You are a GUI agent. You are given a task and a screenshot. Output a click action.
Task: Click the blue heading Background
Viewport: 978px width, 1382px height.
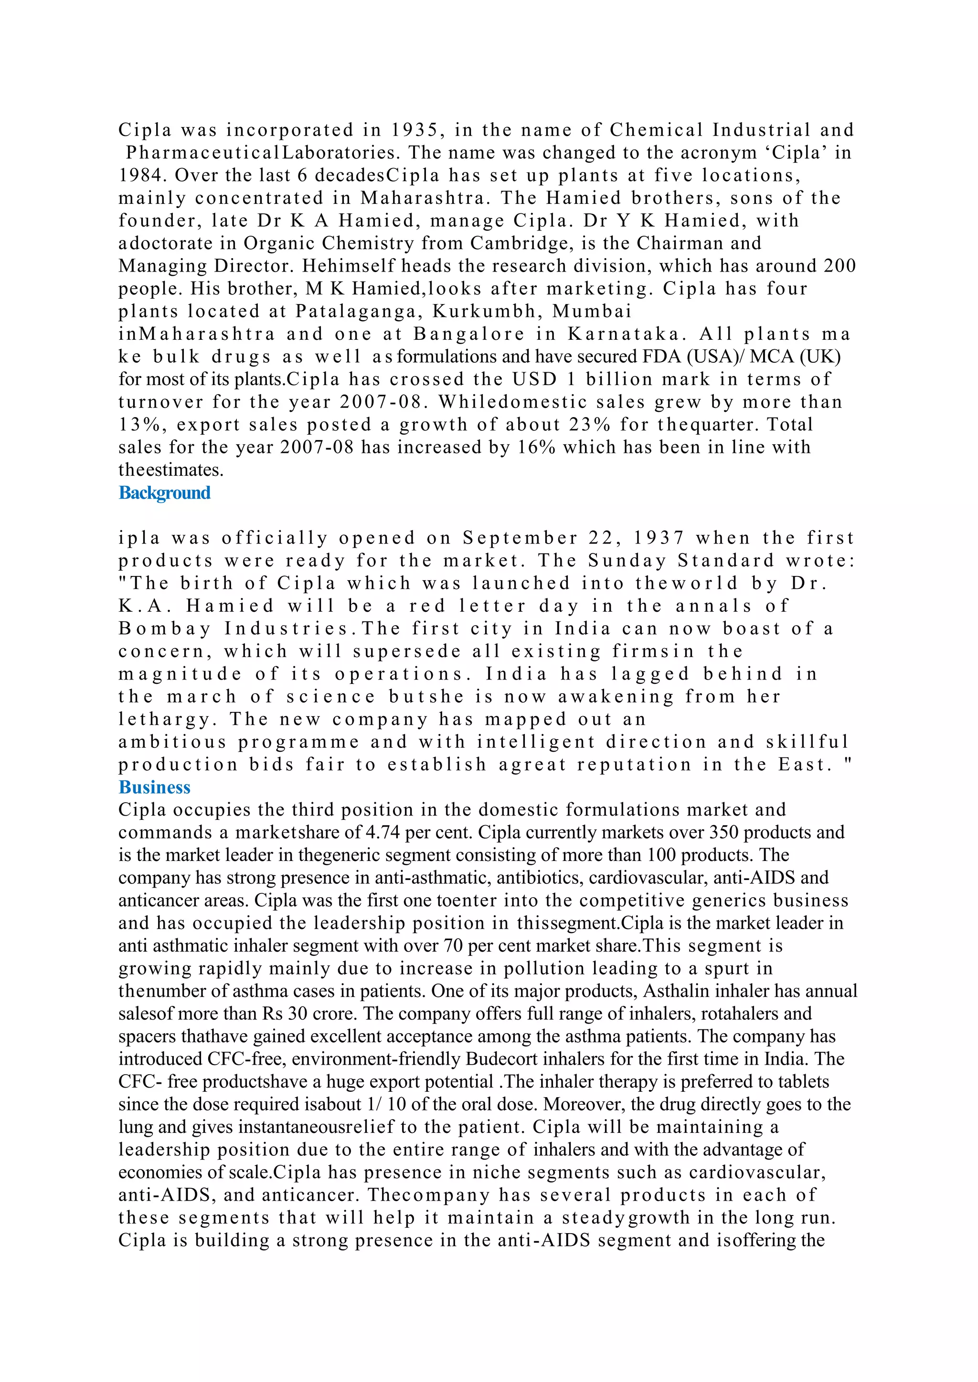coord(164,493)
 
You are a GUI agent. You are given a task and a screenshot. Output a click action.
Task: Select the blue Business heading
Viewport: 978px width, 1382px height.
coord(154,787)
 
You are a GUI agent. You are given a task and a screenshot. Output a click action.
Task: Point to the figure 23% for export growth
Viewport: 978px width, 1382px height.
coord(590,425)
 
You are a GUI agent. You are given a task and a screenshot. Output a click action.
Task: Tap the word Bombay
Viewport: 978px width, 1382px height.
coord(164,629)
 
